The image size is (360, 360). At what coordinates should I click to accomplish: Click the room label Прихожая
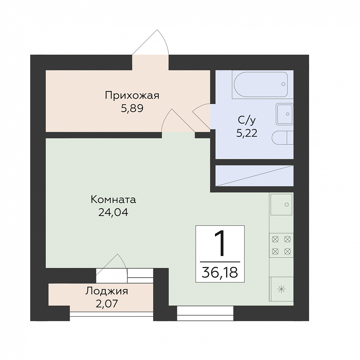click(x=132, y=95)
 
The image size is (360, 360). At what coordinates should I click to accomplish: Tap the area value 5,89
click(x=132, y=108)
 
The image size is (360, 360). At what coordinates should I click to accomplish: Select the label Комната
click(x=113, y=200)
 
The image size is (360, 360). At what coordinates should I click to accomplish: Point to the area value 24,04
click(x=113, y=213)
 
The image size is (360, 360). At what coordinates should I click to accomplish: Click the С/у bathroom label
click(x=247, y=120)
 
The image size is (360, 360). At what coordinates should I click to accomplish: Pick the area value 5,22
click(x=247, y=133)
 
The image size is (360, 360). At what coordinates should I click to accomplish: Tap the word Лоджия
click(x=107, y=291)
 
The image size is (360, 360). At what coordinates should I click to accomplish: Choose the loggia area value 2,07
click(x=107, y=304)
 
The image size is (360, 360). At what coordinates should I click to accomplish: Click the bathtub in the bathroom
click(x=261, y=84)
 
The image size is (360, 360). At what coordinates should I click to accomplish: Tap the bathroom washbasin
click(x=285, y=114)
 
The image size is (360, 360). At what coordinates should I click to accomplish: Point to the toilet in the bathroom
click(x=283, y=138)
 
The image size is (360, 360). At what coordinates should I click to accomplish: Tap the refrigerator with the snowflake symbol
click(x=281, y=289)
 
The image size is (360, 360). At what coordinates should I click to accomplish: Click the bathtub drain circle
click(x=283, y=84)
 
